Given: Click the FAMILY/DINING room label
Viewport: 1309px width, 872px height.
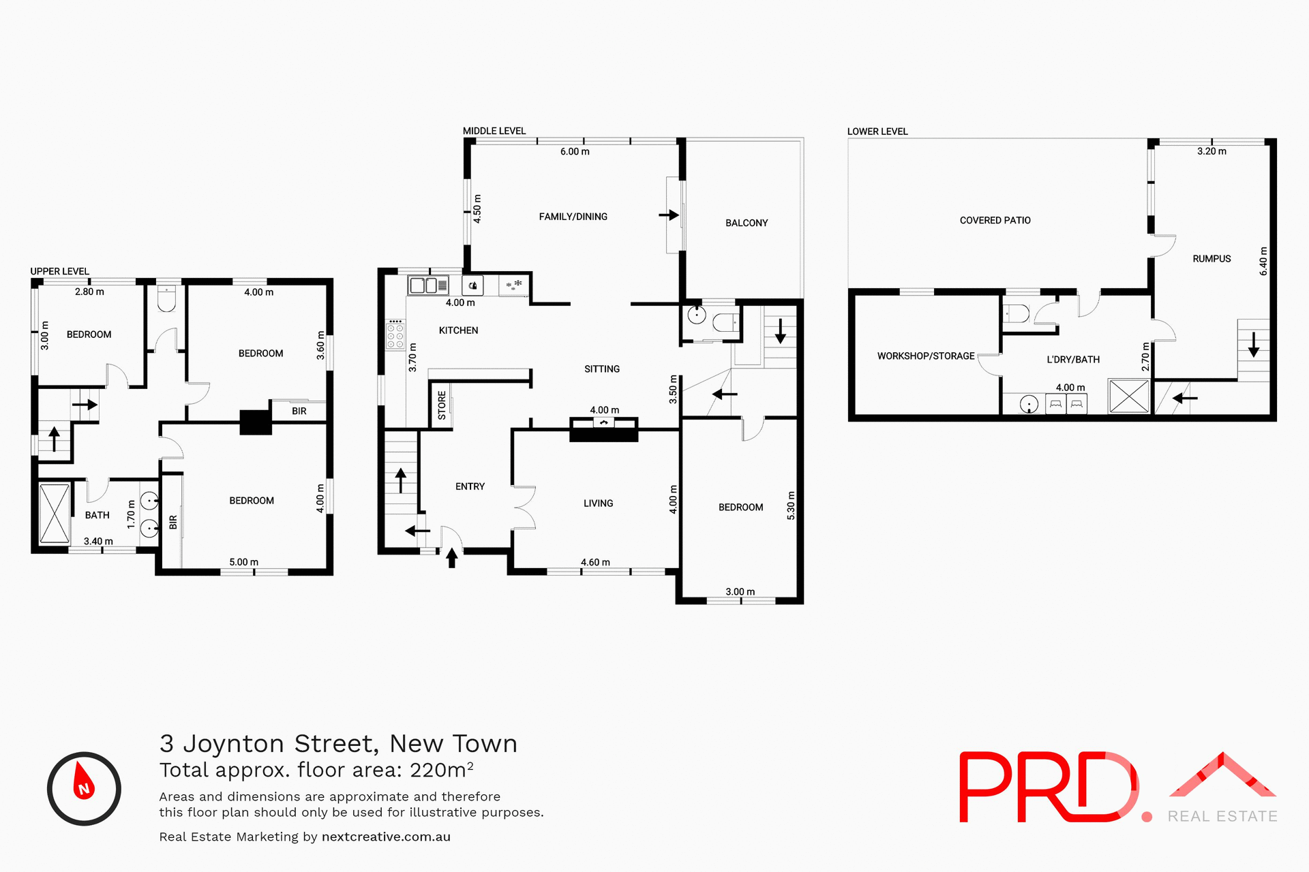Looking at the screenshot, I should coord(573,217).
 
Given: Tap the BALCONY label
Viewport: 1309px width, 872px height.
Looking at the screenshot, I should coord(747,223).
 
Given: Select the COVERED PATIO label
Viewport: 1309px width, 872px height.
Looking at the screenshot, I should coord(995,220).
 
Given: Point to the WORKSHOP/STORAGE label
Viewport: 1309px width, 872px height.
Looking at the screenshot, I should coord(925,356).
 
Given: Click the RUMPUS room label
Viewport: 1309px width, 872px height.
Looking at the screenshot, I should coord(1212,259).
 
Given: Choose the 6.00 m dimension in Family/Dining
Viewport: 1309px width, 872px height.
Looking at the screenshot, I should coord(575,151).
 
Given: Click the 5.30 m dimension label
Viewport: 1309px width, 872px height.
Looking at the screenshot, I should coord(791,505).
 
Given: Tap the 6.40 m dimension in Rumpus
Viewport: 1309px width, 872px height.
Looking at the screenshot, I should coord(1263,261).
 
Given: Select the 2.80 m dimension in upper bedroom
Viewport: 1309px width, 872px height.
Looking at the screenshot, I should coord(89,292).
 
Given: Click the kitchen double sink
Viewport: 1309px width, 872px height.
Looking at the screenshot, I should coord(427,285).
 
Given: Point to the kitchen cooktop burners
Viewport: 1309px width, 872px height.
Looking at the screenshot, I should coord(395,334).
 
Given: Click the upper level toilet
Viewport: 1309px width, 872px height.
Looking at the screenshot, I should coord(166,298).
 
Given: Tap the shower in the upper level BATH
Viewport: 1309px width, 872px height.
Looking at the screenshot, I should coord(55,513).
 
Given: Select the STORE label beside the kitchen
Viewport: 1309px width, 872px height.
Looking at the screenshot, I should coord(442,405).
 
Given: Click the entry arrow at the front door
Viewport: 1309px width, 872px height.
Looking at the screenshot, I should coord(451,558).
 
